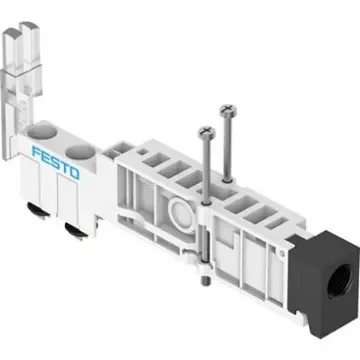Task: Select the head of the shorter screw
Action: pos(208,129)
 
